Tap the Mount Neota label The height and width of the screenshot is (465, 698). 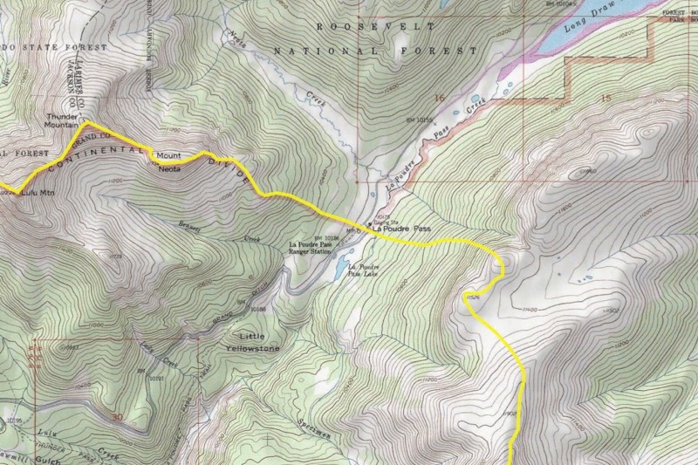(169, 163)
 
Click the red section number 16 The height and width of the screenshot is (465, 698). (439, 98)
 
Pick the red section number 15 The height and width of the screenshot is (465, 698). (606, 98)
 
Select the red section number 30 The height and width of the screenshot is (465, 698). (119, 418)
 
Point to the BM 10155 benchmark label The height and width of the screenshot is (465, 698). (421, 120)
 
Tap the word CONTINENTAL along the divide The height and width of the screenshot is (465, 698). (96, 159)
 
